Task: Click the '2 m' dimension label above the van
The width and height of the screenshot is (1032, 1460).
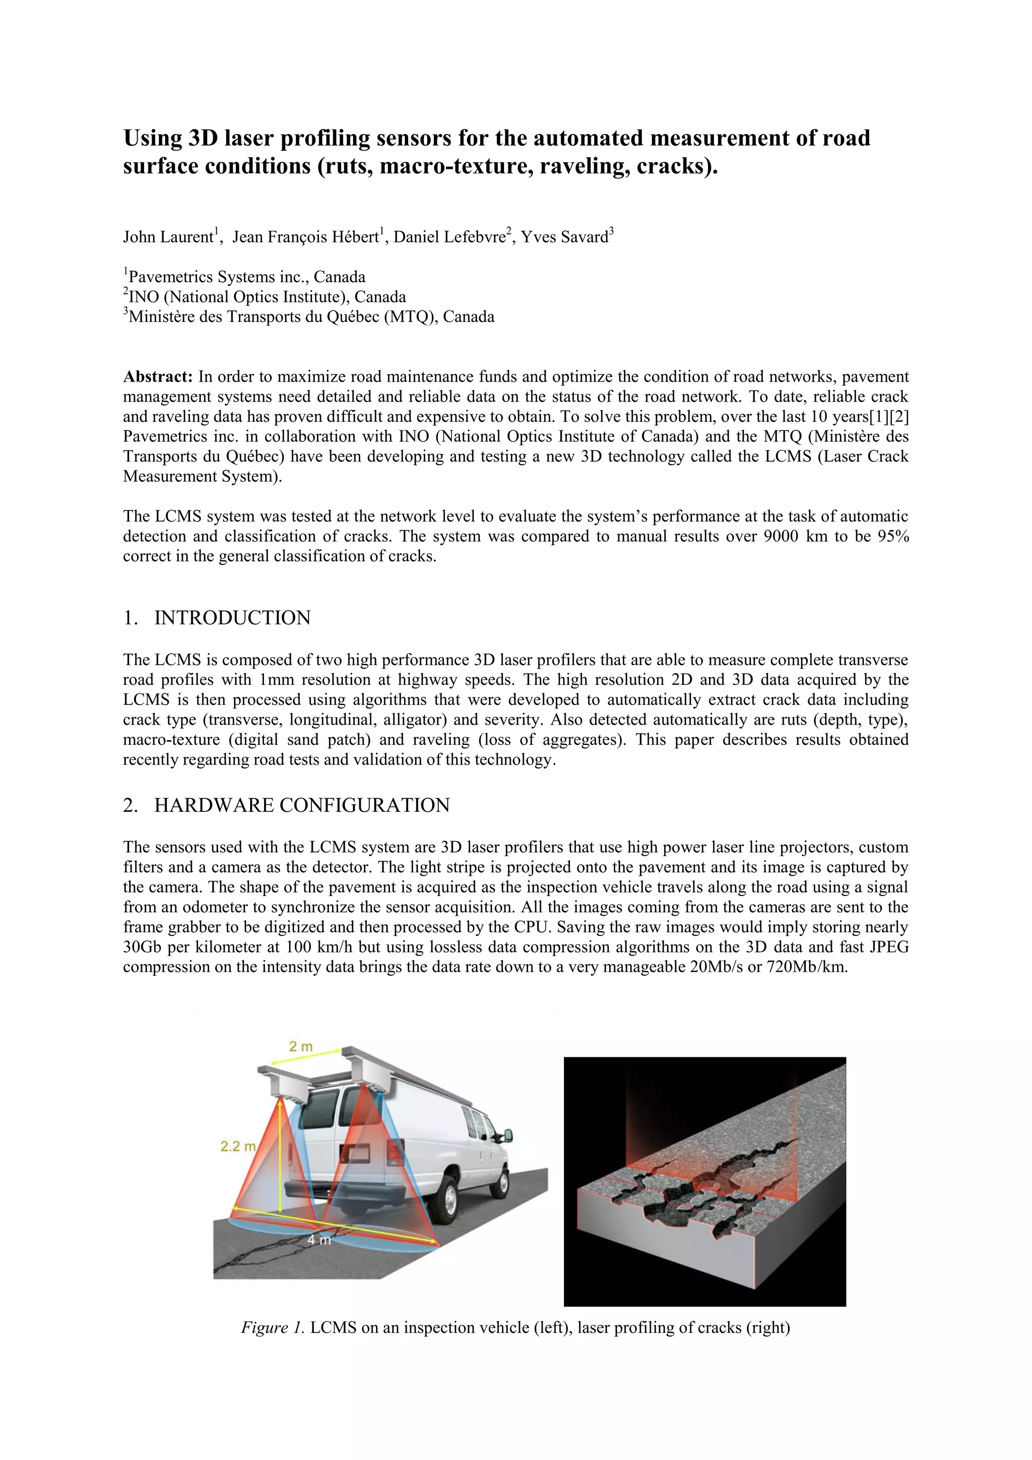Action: [301, 1046]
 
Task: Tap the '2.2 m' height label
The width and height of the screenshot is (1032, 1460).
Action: [238, 1147]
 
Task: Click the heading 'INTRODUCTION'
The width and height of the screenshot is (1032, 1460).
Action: [232, 617]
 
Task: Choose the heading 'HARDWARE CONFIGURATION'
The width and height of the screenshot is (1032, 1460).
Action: [302, 805]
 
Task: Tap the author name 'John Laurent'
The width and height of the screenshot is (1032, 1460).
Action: [168, 237]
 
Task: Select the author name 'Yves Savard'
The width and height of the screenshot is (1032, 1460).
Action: [565, 237]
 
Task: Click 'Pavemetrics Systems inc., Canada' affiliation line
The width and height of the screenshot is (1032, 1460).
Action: [247, 277]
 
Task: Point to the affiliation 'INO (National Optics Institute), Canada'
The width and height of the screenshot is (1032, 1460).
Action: [267, 296]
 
